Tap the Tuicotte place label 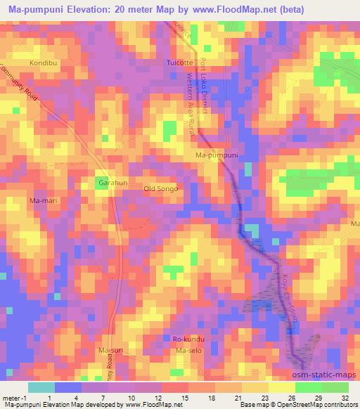[179, 63]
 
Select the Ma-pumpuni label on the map [217, 155]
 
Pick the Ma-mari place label [42, 201]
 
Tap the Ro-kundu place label [188, 339]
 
